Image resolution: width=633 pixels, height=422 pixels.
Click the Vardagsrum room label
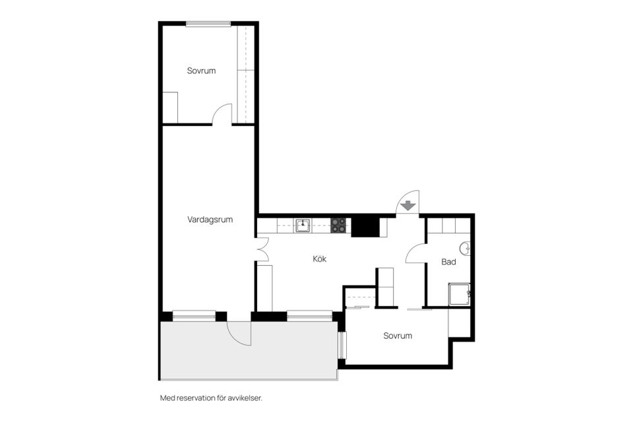pos(210,220)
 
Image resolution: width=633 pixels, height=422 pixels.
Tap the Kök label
pos(319,259)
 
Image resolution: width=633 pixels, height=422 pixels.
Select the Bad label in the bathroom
pos(448,262)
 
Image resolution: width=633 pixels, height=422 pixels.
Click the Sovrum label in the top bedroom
pos(201,71)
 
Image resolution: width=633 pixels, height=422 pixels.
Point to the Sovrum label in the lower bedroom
pos(398,336)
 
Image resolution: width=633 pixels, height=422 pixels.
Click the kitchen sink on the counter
pos(303,226)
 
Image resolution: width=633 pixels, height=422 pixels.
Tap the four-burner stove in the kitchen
pos(338,226)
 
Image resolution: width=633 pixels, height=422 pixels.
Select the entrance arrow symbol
pos(409,206)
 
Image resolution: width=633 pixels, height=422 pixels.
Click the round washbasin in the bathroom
pos(466,249)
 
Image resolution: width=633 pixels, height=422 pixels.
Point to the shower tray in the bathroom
pos(459,294)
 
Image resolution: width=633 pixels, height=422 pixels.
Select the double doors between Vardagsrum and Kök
pos(262,249)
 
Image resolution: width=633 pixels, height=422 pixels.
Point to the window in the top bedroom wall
pos(208,24)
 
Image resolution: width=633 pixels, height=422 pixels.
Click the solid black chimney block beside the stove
pos(365,227)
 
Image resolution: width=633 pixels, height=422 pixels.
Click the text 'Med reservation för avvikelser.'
pos(211,398)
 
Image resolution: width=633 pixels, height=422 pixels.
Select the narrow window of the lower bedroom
pos(342,346)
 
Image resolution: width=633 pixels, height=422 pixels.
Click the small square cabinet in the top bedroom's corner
pos(170,107)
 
